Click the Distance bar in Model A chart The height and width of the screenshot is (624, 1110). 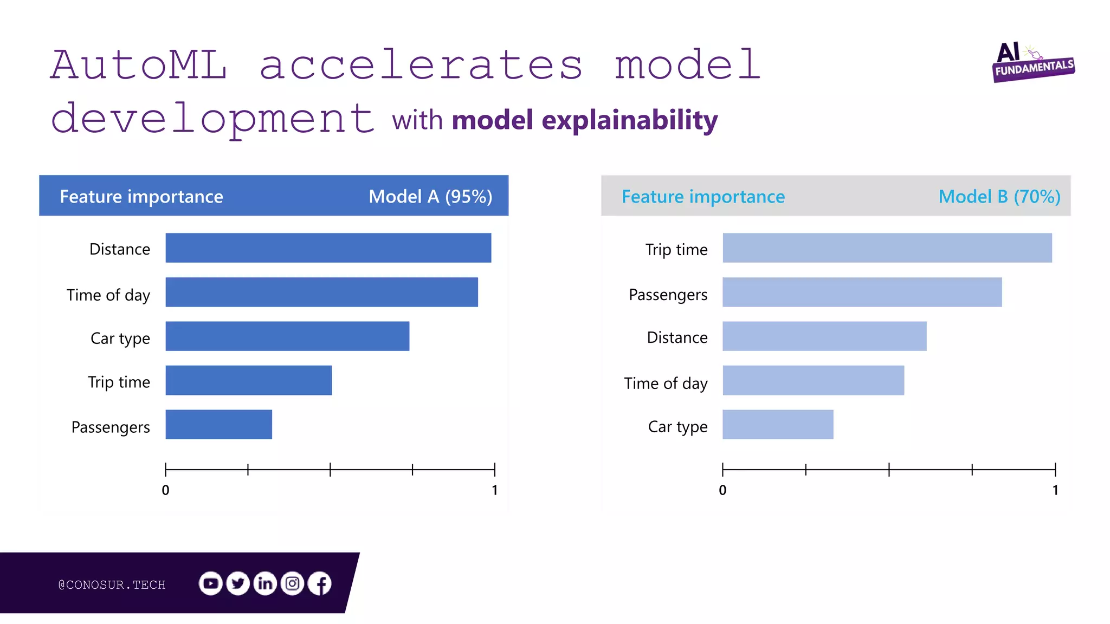(328, 248)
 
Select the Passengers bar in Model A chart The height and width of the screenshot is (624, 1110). (218, 424)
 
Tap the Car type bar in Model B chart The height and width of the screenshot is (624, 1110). (778, 424)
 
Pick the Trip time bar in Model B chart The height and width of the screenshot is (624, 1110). (887, 248)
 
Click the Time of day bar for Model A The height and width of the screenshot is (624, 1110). (321, 292)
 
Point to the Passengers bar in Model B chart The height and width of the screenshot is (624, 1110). (862, 292)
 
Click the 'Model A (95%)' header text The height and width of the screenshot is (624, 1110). (430, 196)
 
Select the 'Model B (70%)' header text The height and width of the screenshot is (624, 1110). (999, 196)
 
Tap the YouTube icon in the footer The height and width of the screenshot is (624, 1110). (210, 583)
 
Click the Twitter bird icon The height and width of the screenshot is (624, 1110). (238, 583)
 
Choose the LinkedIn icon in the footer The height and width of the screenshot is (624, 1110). (265, 583)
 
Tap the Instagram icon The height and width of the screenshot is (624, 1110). (293, 583)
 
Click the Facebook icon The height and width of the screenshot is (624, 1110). (320, 583)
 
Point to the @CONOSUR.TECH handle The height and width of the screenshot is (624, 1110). (112, 584)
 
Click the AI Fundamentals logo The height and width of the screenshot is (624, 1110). (1032, 62)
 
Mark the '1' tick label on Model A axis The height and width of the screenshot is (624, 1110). (494, 490)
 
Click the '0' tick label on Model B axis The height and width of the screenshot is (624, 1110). (722, 490)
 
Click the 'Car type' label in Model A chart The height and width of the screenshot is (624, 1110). (120, 339)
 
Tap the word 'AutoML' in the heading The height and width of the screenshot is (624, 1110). (139, 65)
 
